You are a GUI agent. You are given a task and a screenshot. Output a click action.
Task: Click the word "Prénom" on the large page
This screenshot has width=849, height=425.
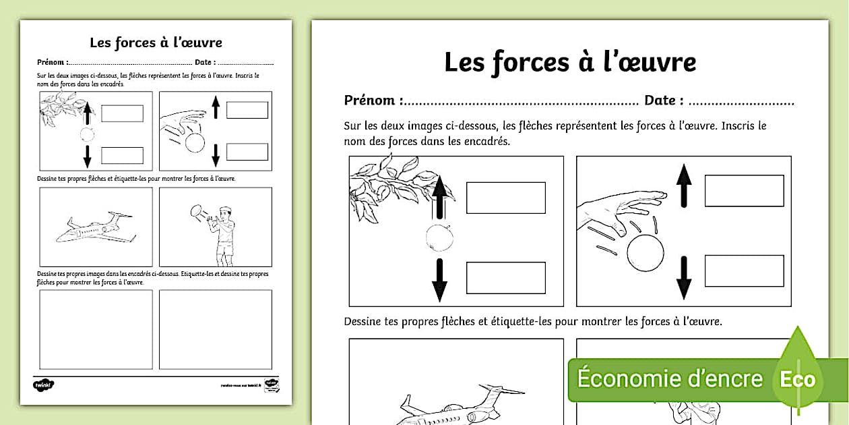[x=369, y=101]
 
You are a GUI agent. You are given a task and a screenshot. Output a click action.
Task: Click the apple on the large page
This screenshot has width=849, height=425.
[x=439, y=237]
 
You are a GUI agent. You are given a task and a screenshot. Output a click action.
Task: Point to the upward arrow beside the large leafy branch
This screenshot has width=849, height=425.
[x=439, y=196]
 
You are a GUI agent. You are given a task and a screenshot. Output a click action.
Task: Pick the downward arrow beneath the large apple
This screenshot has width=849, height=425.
[x=439, y=279]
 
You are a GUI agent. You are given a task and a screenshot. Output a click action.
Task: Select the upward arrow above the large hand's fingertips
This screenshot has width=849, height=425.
[x=684, y=186]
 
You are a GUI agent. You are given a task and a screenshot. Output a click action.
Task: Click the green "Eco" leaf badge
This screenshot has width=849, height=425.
[x=798, y=378]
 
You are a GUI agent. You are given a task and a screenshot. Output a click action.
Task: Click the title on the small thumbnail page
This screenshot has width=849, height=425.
[x=156, y=42]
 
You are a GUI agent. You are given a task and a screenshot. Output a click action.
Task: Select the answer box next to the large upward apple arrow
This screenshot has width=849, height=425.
[x=505, y=197]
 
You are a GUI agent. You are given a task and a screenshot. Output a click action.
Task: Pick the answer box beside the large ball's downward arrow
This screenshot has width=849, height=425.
[x=744, y=271]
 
